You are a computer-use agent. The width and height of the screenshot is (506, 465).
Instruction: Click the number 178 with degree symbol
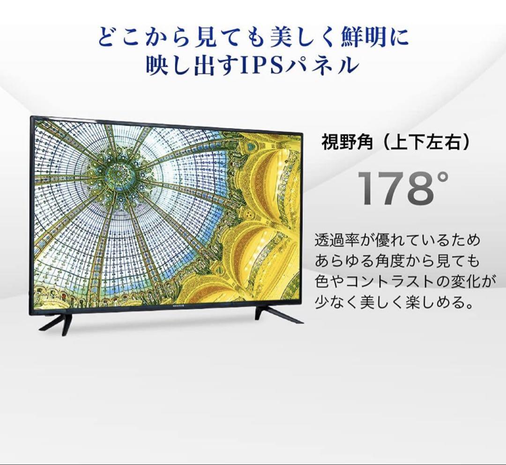click(403, 188)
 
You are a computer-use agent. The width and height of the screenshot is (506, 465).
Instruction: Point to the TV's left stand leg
click(58, 322)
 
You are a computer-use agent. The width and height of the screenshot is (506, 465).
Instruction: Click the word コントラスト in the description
click(390, 282)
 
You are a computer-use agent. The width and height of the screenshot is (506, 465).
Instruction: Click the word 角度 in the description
click(389, 262)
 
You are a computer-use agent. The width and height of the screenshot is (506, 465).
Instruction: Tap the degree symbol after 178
click(443, 176)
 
